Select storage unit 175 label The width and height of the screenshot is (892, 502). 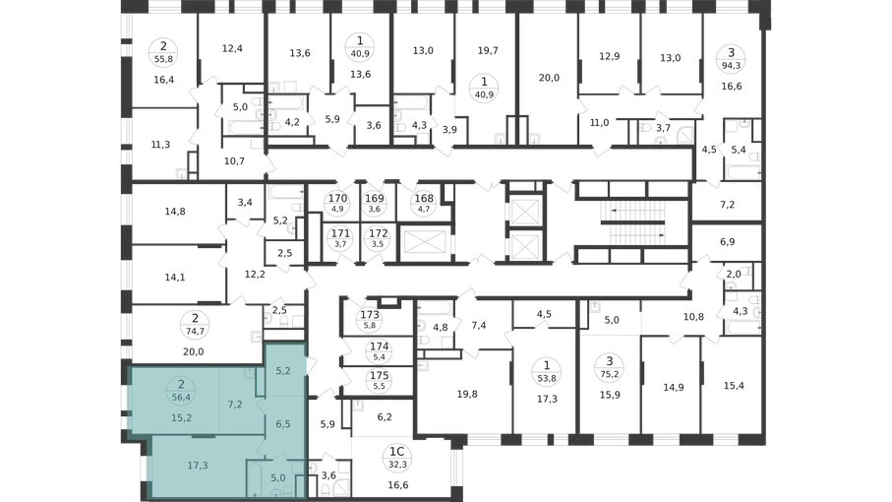tap(380, 380)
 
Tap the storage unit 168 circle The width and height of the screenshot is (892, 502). tap(424, 203)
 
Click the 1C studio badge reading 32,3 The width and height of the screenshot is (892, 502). tap(397, 458)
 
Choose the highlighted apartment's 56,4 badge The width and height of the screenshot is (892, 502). tap(182, 391)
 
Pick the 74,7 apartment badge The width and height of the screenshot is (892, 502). tap(195, 325)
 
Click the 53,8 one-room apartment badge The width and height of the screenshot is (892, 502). tap(547, 371)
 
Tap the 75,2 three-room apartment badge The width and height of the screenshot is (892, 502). tap(610, 367)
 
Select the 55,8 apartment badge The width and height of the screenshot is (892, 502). tap(164, 52)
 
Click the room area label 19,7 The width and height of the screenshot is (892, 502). tap(488, 50)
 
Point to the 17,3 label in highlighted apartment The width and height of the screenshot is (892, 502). tap(198, 466)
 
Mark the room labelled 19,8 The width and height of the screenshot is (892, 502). tap(467, 394)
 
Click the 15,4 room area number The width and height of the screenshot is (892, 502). tap(734, 386)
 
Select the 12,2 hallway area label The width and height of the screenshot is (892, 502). tap(255, 275)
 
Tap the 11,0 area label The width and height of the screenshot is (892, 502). tap(599, 122)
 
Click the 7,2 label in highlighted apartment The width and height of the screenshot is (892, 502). tap(235, 405)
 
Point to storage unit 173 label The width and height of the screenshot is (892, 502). tap(370, 320)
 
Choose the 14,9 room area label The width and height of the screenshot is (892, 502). tap(674, 388)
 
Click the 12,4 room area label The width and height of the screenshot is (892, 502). tap(232, 48)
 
